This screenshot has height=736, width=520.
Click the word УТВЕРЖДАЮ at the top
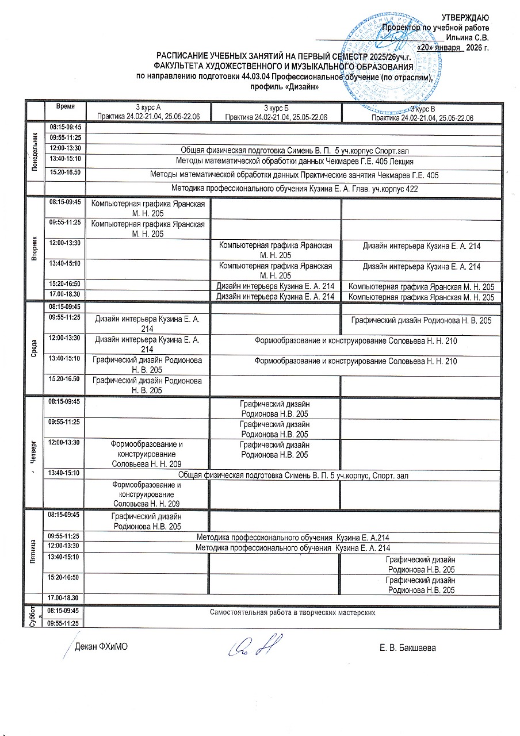(465, 17)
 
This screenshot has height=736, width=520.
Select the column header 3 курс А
(148, 108)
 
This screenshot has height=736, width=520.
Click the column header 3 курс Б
(276, 108)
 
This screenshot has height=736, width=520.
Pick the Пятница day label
(36, 551)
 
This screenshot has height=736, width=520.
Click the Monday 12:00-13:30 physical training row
(291, 148)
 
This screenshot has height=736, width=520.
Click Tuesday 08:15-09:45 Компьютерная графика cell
(148, 208)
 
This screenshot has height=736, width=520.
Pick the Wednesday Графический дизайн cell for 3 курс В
(421, 320)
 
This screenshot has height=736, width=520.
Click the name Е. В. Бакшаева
(408, 648)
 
